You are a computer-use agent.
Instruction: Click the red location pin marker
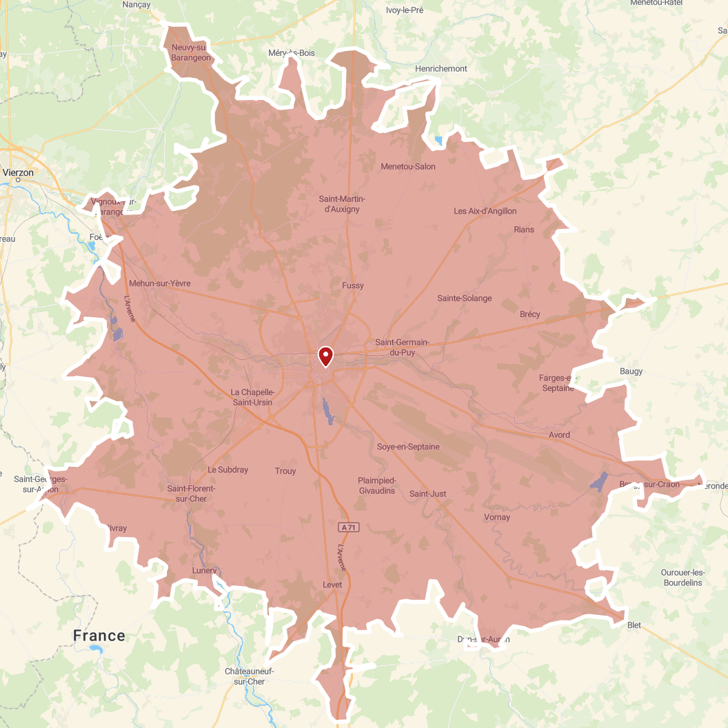[325, 356]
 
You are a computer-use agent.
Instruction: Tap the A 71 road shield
[348, 527]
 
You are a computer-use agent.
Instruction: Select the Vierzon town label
[18, 172]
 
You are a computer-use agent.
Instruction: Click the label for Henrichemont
[441, 69]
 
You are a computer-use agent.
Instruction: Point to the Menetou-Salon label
[408, 166]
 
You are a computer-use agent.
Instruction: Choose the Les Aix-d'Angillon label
[485, 211]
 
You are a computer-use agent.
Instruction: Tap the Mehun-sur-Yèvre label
[159, 283]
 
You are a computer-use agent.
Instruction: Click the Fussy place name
[352, 285]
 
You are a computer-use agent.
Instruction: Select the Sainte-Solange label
[465, 299]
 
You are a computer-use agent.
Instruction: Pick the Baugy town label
[631, 372]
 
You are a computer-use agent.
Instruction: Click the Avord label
[559, 435]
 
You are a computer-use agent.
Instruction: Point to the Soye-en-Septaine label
[408, 447]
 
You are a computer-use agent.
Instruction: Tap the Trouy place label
[285, 472]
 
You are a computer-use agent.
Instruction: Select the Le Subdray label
[228, 470]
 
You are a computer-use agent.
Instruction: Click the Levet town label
[332, 585]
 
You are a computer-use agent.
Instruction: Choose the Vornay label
[497, 517]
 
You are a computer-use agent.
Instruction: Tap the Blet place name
[634, 625]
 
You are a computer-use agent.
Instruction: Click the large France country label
[99, 636]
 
